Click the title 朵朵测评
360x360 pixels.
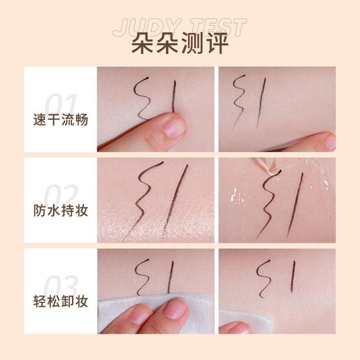(180, 45)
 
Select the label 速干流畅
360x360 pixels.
(60, 121)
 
